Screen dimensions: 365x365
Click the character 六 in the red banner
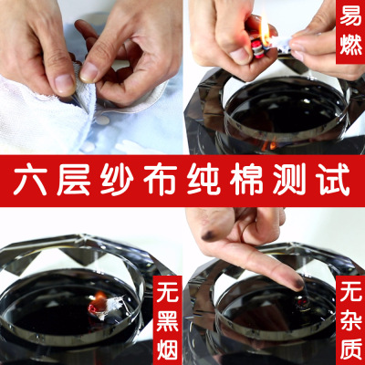(30, 182)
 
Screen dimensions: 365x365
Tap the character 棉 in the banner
(246, 182)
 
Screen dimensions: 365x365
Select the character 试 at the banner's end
(333, 182)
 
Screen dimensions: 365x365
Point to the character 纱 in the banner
(117, 182)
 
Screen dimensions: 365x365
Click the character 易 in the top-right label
(350, 16)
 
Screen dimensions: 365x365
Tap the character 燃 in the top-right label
(350, 45)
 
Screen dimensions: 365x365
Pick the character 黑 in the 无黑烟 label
(168, 321)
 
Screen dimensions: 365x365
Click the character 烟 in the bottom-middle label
(168, 349)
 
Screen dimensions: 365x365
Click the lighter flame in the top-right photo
(265, 30)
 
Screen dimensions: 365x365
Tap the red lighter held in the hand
(258, 46)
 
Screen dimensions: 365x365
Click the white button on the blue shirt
(102, 120)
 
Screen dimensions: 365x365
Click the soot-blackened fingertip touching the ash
(297, 284)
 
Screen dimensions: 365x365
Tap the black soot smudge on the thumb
(209, 235)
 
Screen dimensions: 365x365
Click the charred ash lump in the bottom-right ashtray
(301, 300)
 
